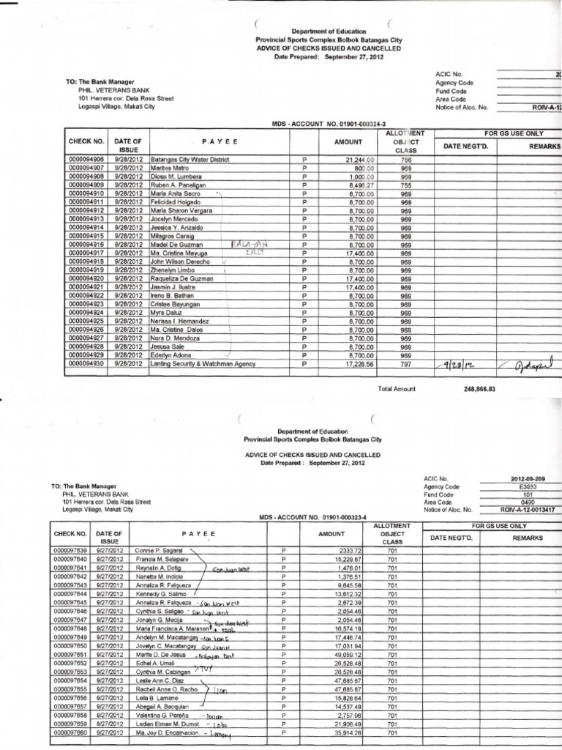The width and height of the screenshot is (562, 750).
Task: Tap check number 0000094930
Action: pos(87,363)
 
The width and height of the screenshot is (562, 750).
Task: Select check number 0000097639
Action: pos(70,549)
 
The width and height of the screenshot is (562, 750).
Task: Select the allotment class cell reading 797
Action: pos(405,363)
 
